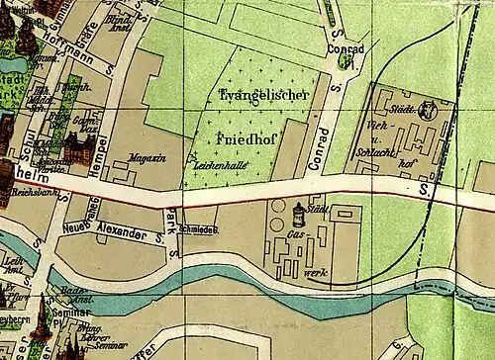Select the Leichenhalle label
click(219, 165)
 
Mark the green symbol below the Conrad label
click(345, 62)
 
